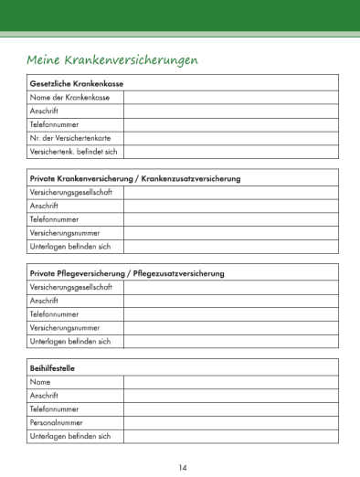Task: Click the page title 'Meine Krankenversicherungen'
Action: click(x=114, y=59)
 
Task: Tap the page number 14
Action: click(x=182, y=468)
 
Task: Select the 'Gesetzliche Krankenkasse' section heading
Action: click(x=77, y=83)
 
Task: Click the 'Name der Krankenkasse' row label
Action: click(x=70, y=97)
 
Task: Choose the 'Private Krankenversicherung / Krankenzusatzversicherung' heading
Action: click(x=135, y=178)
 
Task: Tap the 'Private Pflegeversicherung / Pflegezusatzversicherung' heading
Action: click(x=127, y=273)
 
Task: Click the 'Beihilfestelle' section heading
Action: click(x=52, y=368)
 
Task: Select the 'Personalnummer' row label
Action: click(x=57, y=422)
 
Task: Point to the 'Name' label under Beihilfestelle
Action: click(x=40, y=382)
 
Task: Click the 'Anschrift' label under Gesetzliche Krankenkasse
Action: click(x=45, y=111)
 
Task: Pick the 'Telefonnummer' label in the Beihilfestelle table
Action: click(x=54, y=409)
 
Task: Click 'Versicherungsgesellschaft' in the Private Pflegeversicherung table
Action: click(x=71, y=287)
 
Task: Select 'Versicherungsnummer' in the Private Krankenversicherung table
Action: click(x=65, y=233)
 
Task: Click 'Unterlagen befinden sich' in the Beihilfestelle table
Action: click(x=70, y=436)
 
